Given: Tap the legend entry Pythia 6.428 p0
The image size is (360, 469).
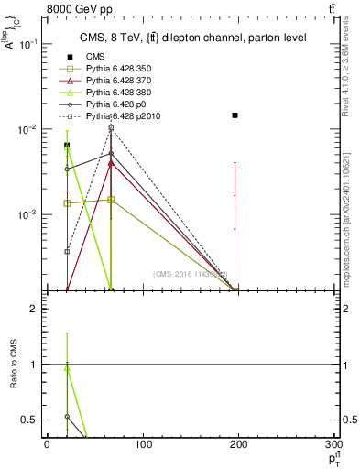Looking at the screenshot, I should [106, 105].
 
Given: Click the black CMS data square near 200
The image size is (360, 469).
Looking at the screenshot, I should [235, 115].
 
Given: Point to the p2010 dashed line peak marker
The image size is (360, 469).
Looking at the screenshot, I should [111, 128].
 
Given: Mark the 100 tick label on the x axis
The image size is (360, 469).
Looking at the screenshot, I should [143, 445].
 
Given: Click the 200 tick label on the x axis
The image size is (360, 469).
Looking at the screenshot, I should [239, 445].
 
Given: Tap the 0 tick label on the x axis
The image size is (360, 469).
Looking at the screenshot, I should [47, 445].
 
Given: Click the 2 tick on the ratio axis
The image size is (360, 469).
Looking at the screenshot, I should [36, 309].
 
